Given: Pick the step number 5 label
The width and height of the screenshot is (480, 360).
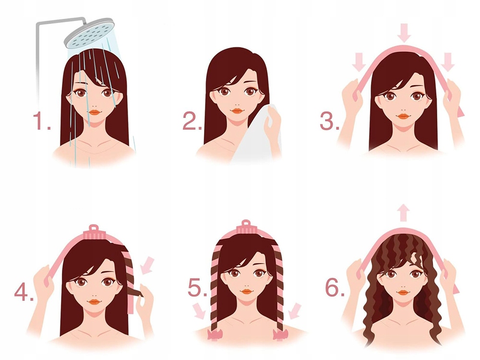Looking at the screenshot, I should [x=197, y=288].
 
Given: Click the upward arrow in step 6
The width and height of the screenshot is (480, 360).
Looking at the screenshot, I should [x=404, y=212].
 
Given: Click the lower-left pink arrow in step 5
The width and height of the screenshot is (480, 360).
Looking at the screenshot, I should [x=199, y=310].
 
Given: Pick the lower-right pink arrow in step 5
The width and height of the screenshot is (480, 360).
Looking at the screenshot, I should [x=295, y=310].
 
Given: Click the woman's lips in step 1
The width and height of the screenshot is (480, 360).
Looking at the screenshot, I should [x=95, y=112].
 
